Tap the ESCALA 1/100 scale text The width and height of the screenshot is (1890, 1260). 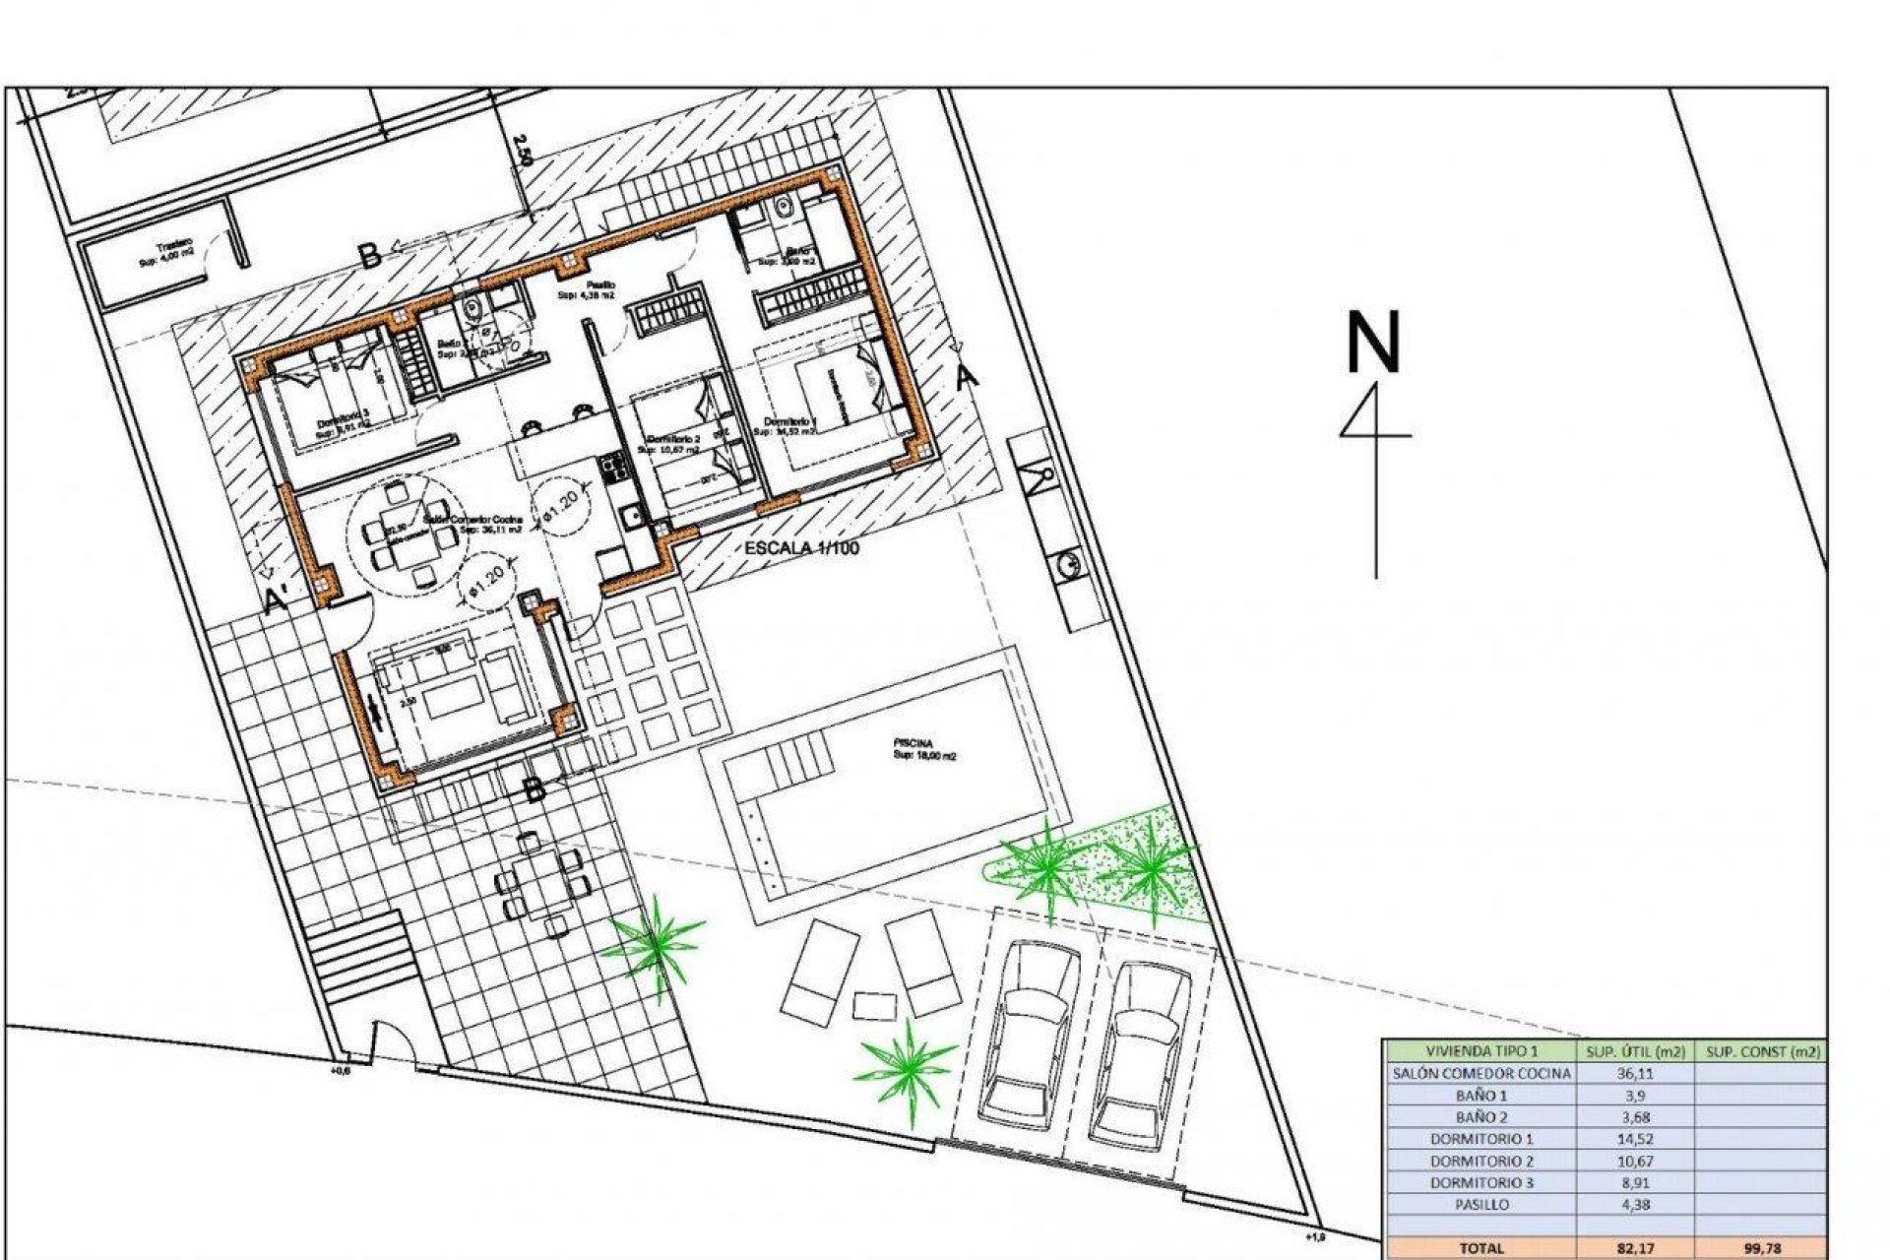(801, 547)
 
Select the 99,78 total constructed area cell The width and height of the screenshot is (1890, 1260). (1758, 1248)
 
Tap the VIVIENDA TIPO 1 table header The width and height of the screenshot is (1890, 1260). (1481, 1051)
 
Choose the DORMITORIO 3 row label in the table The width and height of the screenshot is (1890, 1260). (1481, 1182)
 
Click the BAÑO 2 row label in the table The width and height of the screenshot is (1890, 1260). (1481, 1117)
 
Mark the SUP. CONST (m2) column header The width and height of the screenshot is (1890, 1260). (1758, 1051)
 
